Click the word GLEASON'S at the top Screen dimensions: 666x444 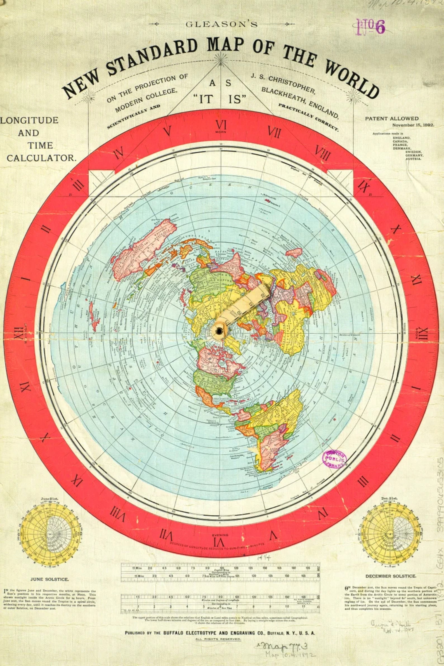tap(222, 25)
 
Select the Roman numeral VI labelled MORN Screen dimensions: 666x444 tap(221, 125)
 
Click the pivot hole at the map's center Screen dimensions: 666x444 tap(219, 330)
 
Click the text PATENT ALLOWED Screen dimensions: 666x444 tap(392, 118)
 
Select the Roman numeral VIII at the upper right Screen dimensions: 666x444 tap(323, 154)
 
